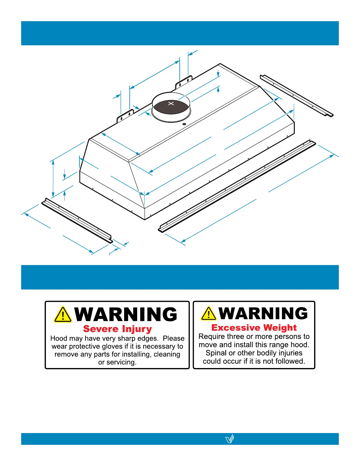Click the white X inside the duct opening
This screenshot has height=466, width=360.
click(171, 104)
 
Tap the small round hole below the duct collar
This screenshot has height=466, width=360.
click(184, 124)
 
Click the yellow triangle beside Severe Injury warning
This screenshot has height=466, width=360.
click(63, 314)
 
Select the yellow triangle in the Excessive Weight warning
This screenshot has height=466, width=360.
click(209, 313)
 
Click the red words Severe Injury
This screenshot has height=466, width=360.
click(117, 329)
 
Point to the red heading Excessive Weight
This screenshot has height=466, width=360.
click(254, 327)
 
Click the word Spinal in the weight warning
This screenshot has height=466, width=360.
click(216, 353)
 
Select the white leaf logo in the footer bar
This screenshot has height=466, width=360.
click(230, 439)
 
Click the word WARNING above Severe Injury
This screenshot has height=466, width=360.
click(126, 314)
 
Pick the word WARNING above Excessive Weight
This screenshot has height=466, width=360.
click(263, 313)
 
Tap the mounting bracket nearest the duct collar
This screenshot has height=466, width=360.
click(184, 82)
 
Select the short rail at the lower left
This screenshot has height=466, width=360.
click(77, 220)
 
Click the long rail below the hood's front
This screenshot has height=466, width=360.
click(237, 186)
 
